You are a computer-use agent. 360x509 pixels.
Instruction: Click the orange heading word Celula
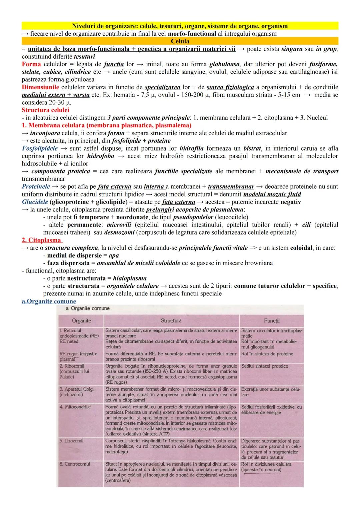(x=180, y=41)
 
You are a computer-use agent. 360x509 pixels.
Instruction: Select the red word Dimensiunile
(x=40, y=87)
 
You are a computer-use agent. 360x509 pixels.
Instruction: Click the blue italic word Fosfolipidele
(x=40, y=148)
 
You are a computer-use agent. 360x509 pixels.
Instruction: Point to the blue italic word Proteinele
(x=36, y=187)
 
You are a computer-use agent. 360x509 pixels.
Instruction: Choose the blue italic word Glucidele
(x=35, y=202)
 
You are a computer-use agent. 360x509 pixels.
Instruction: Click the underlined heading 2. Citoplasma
(x=42, y=240)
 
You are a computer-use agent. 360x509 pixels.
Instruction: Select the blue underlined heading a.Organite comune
(x=49, y=301)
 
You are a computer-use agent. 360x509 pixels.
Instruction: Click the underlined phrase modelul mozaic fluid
(x=272, y=194)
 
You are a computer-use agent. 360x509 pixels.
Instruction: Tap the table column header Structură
(x=171, y=321)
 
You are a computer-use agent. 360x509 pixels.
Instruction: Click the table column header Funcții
(x=271, y=321)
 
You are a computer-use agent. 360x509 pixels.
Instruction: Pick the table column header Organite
(x=81, y=321)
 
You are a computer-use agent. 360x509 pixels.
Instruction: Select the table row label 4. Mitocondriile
(x=75, y=407)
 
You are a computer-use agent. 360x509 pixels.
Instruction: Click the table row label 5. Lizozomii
(x=71, y=441)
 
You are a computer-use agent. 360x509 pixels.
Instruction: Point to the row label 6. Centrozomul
(x=75, y=464)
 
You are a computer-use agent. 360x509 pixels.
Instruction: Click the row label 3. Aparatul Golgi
(x=77, y=389)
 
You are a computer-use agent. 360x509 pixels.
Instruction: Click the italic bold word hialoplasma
(x=130, y=278)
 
